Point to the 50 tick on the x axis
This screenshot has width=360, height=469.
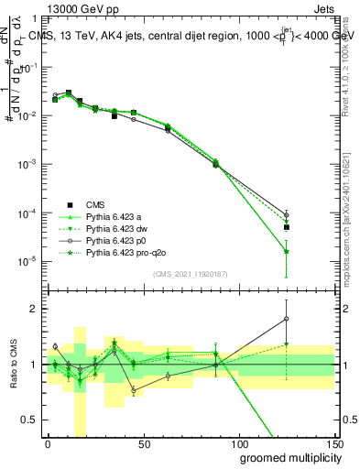click(143, 442)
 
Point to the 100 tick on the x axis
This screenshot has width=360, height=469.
click(238, 442)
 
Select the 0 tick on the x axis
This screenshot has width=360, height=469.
click(48, 442)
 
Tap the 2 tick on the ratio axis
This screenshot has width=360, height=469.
click(36, 309)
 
